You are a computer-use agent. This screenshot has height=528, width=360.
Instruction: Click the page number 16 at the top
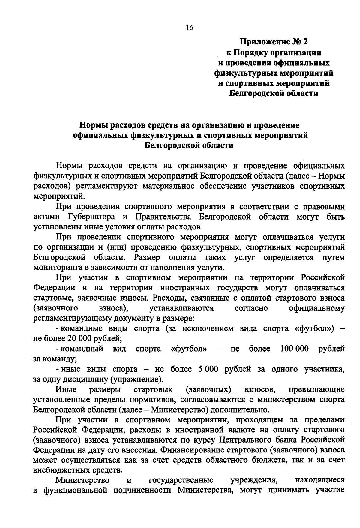tap(189, 28)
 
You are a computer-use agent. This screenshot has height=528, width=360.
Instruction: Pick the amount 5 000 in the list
tap(208, 369)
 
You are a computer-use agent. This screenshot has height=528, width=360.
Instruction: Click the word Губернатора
tap(91, 217)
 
